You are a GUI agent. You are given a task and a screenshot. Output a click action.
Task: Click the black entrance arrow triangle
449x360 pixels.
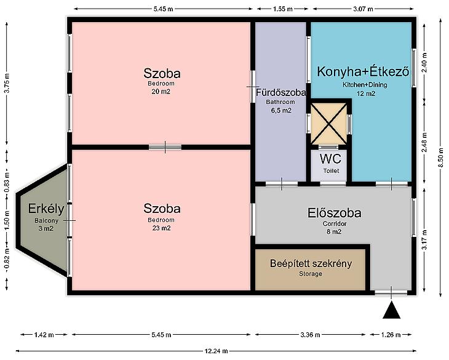(x=391, y=310)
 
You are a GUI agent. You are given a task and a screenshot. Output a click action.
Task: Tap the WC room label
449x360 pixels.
(x=330, y=159)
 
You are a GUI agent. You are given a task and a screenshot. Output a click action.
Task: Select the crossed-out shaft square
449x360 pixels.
(x=328, y=123)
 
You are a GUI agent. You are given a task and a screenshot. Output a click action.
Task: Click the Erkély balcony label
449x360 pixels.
(x=46, y=209)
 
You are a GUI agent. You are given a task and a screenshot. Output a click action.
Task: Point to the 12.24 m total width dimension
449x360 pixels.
(x=216, y=351)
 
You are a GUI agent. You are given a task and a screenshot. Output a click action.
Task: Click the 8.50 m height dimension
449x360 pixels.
(x=441, y=158)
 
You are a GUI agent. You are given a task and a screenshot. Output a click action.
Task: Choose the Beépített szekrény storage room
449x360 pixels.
(x=311, y=270)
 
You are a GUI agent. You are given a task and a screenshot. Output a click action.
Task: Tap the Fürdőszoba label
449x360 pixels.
(x=280, y=92)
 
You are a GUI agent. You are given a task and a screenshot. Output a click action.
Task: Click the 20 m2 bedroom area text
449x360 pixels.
(x=161, y=92)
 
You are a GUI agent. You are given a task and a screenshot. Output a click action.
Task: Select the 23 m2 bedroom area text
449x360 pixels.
(x=161, y=228)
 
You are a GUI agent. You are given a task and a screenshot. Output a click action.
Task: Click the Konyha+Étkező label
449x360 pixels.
(x=363, y=71)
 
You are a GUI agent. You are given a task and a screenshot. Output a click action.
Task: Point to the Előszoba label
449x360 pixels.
(x=334, y=213)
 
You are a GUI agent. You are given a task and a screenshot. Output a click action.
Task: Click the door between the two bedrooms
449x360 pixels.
(x=165, y=147)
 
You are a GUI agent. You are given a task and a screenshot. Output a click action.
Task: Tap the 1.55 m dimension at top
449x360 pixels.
(x=283, y=9)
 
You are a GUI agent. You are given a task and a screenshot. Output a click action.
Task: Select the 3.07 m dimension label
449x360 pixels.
(x=363, y=9)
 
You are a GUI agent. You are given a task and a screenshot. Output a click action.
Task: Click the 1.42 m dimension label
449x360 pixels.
(x=44, y=335)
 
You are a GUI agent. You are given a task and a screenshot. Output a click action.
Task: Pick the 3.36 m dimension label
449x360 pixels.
(x=311, y=335)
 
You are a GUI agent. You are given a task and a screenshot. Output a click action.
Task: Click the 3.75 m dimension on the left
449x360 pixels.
(x=7, y=83)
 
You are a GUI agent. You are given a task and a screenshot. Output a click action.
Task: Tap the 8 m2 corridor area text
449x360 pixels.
(x=334, y=231)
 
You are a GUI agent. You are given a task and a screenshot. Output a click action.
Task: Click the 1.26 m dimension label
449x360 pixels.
(x=391, y=335)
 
